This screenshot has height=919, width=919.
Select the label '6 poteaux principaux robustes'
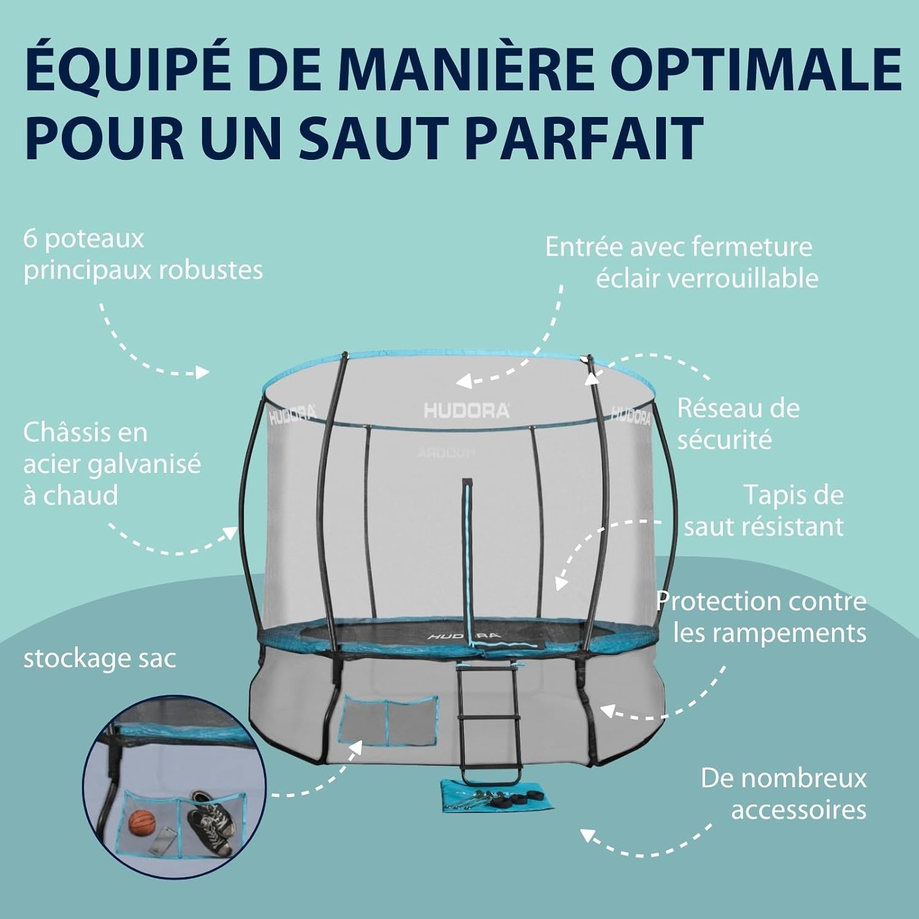click(x=143, y=255)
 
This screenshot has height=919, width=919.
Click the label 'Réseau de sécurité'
click(x=738, y=423)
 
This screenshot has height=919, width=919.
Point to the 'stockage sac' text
click(x=99, y=659)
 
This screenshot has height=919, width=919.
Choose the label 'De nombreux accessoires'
click(x=784, y=794)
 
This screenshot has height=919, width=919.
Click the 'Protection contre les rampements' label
click(x=762, y=617)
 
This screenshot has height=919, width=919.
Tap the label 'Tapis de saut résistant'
click(x=764, y=510)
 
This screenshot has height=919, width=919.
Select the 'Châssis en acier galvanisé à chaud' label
click(x=112, y=464)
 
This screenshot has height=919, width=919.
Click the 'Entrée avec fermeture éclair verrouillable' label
click(x=682, y=263)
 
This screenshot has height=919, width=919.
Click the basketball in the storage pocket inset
click(x=142, y=822)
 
